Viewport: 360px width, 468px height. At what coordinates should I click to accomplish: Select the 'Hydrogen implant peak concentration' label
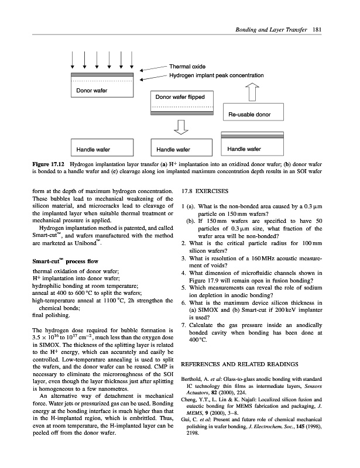[x=216, y=76]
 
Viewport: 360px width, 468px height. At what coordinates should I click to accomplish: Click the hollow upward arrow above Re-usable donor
[x=255, y=92]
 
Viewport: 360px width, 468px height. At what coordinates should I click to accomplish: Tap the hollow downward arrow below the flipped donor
[x=182, y=127]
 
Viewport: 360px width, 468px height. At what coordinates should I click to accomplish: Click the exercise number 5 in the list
[x=184, y=286]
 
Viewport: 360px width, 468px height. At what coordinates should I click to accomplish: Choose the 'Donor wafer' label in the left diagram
[x=88, y=92]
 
